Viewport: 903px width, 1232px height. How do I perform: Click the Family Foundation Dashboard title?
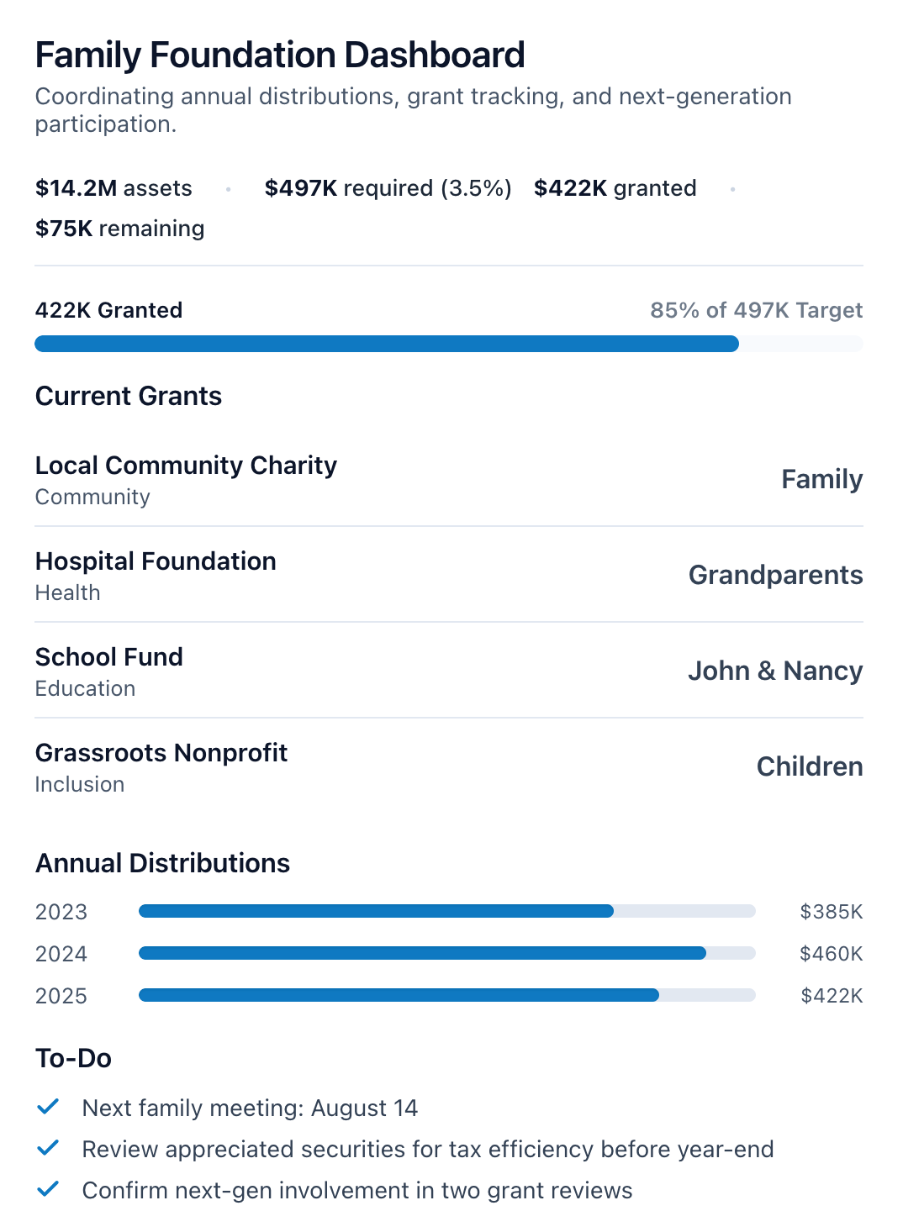coord(280,55)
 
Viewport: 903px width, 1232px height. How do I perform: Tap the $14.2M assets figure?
coord(114,188)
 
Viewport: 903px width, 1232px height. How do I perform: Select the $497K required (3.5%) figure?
coord(388,188)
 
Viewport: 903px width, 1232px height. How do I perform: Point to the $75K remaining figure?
coord(119,229)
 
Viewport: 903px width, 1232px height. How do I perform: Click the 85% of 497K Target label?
coord(756,310)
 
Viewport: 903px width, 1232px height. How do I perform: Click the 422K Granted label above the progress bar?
coord(108,310)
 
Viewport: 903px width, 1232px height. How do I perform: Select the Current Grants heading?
coord(129,396)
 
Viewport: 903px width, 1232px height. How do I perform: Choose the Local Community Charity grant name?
coord(186,466)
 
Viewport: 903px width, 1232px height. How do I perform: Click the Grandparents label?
coord(775,575)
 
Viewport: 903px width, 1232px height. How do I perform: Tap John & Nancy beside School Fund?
coord(775,671)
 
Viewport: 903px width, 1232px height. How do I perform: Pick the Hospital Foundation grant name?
coord(156,561)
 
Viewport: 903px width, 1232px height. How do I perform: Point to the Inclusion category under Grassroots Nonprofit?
coord(80,784)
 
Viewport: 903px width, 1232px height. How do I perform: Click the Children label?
coord(809,766)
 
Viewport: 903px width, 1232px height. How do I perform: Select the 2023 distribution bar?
coord(376,911)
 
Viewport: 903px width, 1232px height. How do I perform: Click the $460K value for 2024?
coord(831,954)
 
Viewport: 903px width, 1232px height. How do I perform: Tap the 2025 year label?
coord(61,996)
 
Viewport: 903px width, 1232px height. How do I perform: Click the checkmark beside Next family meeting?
coord(48,1107)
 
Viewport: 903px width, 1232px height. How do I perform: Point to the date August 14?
coord(364,1108)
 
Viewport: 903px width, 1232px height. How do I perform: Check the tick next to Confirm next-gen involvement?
coord(48,1189)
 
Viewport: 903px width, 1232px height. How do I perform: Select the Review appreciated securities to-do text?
coord(427,1150)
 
